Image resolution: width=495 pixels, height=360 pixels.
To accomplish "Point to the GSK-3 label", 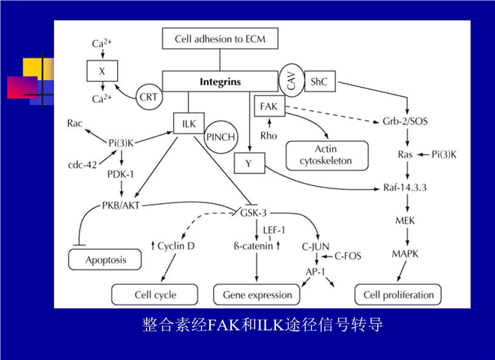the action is pyautogui.click(x=253, y=213).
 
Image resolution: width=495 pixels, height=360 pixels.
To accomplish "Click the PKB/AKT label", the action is pyautogui.click(x=121, y=205).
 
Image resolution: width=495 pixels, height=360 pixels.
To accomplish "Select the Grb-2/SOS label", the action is pyautogui.click(x=405, y=121).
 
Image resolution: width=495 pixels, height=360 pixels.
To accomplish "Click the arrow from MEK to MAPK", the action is pyautogui.click(x=407, y=236).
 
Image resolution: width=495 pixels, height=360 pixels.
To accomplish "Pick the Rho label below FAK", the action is pyautogui.click(x=268, y=136).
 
